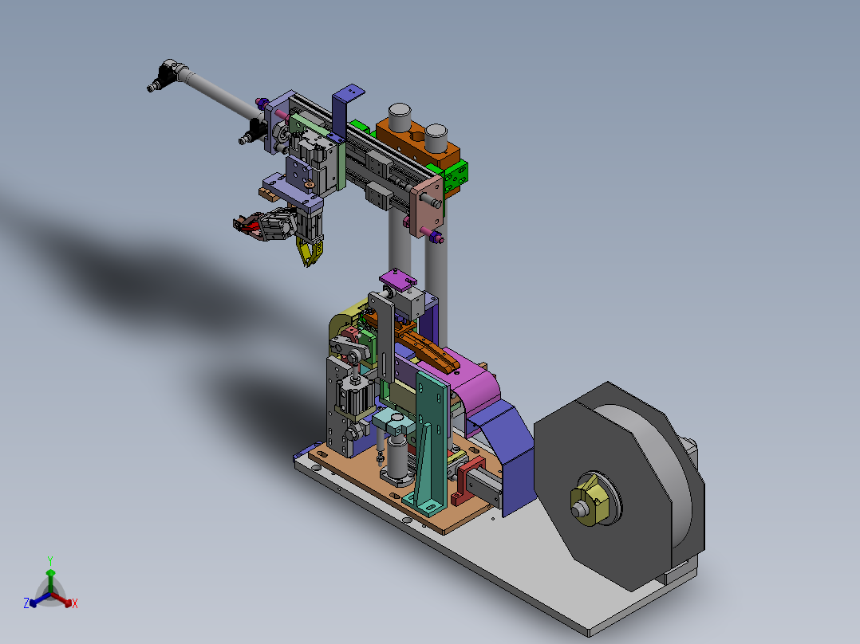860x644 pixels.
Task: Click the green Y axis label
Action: point(50,560)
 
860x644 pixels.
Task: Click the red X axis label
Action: point(75,603)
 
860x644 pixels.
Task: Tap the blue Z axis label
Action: point(26,603)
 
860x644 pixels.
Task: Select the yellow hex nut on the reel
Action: point(590,501)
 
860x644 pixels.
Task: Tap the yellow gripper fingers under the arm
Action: point(310,251)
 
